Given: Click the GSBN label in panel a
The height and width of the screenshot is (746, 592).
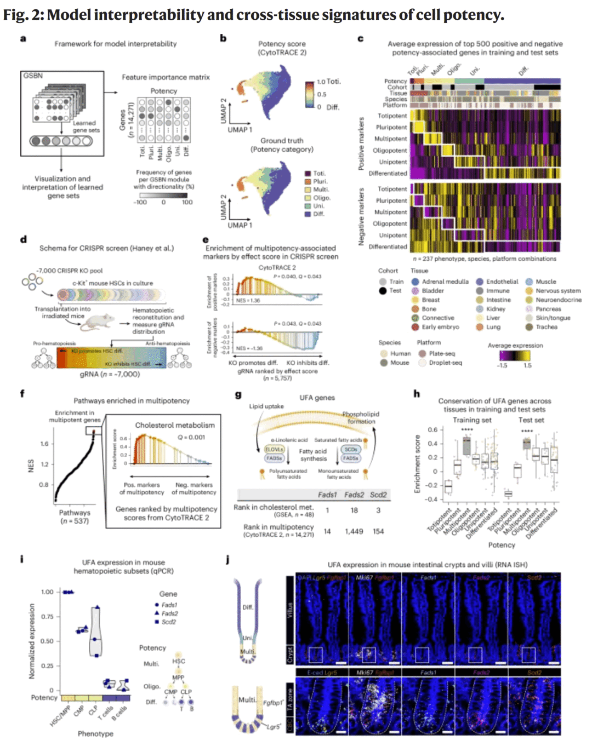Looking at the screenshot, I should point(33,76).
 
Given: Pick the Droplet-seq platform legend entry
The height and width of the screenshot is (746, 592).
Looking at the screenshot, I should point(445,363).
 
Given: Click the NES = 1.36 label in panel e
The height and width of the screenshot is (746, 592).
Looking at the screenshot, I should point(248,301).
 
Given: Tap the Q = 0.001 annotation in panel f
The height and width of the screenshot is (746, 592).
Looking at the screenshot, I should point(191,437).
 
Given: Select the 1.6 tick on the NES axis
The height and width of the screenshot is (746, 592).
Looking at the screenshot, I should point(44,444).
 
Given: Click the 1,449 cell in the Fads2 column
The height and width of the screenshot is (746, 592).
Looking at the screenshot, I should point(354,531).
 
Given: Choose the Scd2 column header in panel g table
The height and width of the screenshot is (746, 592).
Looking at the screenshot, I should point(378,495).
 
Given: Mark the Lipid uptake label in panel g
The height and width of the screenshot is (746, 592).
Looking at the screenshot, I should point(266,406).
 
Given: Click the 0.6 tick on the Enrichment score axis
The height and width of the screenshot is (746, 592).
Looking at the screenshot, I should point(432,429).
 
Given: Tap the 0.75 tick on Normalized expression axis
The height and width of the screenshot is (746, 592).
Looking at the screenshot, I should point(47,617).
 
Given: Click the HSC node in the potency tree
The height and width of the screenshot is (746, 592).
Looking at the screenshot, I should point(179,661).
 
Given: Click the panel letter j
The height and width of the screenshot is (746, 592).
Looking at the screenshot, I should point(227,559).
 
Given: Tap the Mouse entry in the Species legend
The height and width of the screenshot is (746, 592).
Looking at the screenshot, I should point(399,363).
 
